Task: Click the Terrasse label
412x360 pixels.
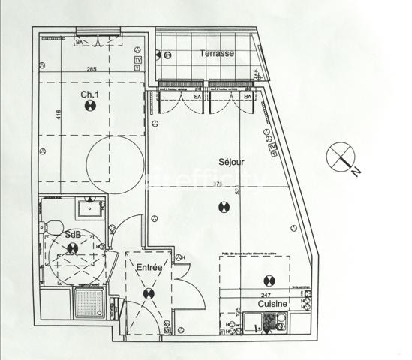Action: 217,53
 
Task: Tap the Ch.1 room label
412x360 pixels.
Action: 90,94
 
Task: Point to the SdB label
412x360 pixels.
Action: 73,235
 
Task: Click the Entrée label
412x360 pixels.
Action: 149,268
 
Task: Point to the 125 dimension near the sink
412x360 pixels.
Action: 239,310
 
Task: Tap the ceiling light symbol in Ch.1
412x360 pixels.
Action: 90,106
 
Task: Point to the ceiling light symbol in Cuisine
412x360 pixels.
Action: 269,280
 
